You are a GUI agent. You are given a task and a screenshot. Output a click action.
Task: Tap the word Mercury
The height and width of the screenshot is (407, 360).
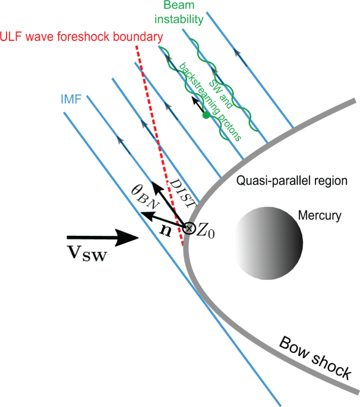tap(318, 216)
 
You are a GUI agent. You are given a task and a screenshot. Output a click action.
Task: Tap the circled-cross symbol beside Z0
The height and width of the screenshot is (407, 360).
tap(190, 228)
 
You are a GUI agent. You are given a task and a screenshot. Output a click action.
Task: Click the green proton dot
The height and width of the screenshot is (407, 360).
tap(206, 115)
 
